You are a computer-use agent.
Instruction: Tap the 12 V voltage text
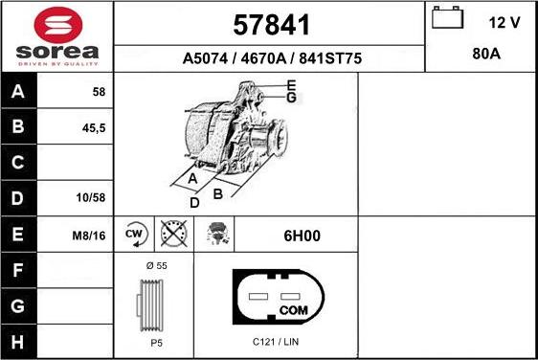tap(504, 21)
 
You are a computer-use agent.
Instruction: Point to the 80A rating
tap(486, 55)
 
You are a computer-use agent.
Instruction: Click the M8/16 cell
tap(91, 233)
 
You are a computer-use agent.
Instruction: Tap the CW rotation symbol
tap(133, 233)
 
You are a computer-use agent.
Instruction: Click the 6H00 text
tap(294, 234)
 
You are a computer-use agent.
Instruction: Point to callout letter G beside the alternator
tap(292, 98)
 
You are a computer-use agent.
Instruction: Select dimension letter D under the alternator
tap(194, 202)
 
